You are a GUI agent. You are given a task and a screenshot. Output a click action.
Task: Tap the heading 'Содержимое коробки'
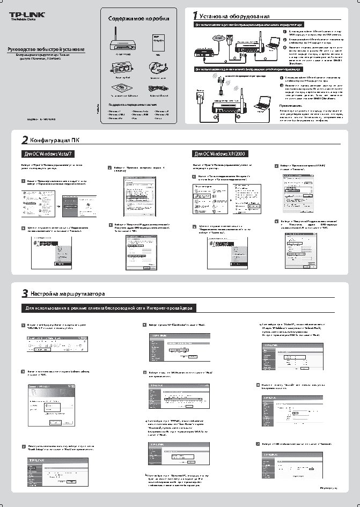[142, 18]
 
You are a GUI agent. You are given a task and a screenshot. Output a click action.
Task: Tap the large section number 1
[196, 16]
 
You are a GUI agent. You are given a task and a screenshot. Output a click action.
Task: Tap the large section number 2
[25, 141]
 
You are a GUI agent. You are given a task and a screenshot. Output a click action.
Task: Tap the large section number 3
[25, 293]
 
